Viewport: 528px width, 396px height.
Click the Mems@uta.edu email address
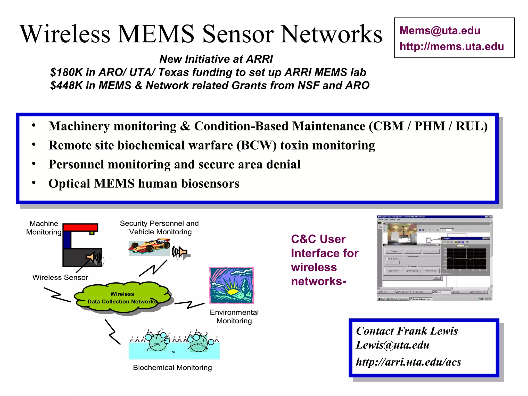click(x=440, y=31)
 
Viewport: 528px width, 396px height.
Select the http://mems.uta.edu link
click(x=451, y=47)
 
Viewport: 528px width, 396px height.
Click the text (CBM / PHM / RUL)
click(x=428, y=126)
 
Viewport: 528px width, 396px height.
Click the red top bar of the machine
click(x=80, y=227)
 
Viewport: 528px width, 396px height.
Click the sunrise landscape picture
click(x=232, y=285)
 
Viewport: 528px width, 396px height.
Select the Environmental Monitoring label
click(x=234, y=316)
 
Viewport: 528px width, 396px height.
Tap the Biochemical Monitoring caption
click(x=172, y=368)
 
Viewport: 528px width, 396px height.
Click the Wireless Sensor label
click(x=60, y=277)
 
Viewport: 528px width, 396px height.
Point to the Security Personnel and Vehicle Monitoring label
click(x=159, y=227)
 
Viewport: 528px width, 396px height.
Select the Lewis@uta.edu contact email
click(x=392, y=345)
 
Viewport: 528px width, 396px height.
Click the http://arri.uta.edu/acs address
click(x=408, y=362)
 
